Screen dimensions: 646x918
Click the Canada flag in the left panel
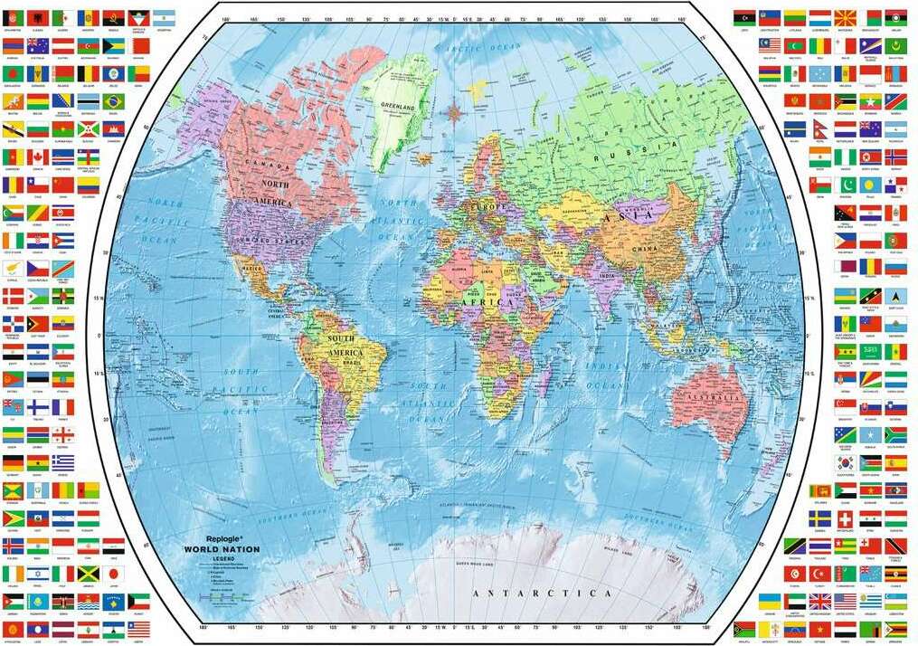(x=38, y=157)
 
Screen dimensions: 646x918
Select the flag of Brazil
(x=113, y=100)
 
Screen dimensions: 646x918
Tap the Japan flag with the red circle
(x=113, y=574)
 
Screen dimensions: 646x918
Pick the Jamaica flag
(x=88, y=574)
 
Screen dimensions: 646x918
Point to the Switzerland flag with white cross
(x=845, y=518)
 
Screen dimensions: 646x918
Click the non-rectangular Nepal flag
(x=819, y=128)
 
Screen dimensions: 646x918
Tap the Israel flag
(x=37, y=574)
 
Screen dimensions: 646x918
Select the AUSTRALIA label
(x=711, y=399)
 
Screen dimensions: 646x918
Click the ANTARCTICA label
(x=542, y=594)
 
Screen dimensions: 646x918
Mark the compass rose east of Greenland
(x=453, y=112)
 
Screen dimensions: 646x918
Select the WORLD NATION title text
(x=221, y=549)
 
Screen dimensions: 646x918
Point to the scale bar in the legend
(x=222, y=597)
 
